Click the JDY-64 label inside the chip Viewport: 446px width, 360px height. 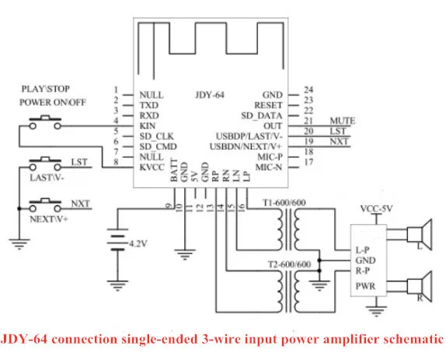(210, 95)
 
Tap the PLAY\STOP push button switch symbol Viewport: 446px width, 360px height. (45, 122)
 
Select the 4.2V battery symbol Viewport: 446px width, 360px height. (117, 239)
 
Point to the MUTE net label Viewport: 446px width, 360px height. (343, 121)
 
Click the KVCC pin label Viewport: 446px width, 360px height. (152, 167)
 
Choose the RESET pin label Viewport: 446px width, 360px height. (268, 105)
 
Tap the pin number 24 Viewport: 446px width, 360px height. (308, 90)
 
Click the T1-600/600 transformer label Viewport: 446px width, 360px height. (284, 203)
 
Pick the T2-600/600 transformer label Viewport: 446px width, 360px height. (289, 264)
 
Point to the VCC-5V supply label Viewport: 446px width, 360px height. (376, 209)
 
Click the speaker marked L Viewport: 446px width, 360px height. (420, 234)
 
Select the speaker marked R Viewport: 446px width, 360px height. (420, 286)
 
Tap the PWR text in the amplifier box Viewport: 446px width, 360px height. (365, 286)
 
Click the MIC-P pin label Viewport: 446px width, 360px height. (270, 157)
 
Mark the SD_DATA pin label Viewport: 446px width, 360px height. (262, 116)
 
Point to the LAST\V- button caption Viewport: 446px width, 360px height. (47, 178)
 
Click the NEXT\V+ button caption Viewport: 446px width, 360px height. (49, 219)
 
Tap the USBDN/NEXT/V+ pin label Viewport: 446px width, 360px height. (246, 146)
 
